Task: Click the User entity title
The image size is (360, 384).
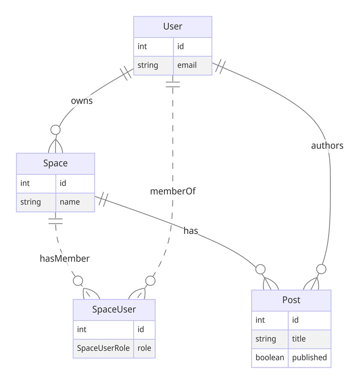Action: (x=173, y=27)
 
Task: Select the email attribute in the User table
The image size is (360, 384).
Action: (x=187, y=65)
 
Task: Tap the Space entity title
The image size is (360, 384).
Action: (x=55, y=163)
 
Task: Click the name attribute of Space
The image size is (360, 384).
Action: (x=70, y=202)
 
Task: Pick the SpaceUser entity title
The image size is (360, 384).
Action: (x=114, y=309)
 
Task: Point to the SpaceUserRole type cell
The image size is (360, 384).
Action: (x=103, y=348)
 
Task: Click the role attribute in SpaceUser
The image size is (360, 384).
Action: (x=144, y=348)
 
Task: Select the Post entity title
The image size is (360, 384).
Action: (x=291, y=300)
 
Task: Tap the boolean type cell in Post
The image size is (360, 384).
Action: (x=270, y=358)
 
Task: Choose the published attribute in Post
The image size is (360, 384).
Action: (x=309, y=358)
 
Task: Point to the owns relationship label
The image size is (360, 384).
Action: (x=82, y=101)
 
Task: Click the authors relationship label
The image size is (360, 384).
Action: (x=327, y=145)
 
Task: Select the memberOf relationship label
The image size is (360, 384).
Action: (x=173, y=191)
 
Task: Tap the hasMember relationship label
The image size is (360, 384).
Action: (x=65, y=258)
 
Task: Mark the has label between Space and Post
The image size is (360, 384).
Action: (x=191, y=230)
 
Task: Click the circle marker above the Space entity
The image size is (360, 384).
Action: (x=55, y=130)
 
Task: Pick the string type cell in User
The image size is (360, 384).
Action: (x=148, y=65)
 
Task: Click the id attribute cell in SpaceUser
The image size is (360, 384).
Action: (x=141, y=329)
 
